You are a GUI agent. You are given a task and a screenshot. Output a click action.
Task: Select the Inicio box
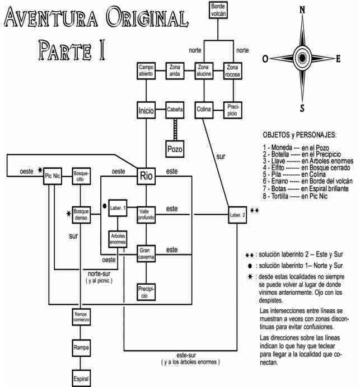coord(146,110)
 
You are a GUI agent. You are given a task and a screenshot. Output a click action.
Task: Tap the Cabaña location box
coord(175,110)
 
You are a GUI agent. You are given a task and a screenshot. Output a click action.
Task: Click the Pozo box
coord(175,149)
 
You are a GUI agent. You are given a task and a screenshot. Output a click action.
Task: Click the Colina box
coord(204,110)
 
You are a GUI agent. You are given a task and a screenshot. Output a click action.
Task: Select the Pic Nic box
coord(53,178)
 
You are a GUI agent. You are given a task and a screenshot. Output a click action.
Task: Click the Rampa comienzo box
coord(81,317)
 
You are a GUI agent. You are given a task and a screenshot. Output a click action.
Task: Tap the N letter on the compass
coord(303,10)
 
